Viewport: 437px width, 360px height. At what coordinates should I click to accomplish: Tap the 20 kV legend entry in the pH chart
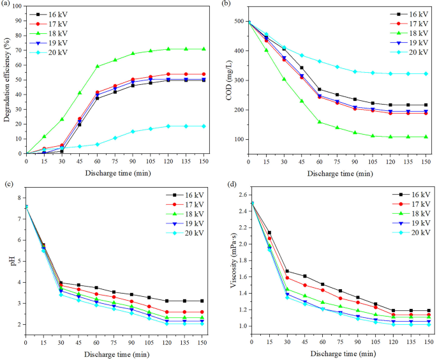(x=193, y=232)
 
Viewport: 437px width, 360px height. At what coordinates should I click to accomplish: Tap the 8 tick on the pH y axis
(x=20, y=197)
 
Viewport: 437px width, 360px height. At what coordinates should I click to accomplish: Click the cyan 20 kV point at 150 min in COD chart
(x=426, y=73)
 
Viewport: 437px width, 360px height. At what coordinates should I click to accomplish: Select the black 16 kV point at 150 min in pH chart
(x=202, y=301)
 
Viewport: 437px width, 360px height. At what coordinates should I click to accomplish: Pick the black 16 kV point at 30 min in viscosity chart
(x=287, y=271)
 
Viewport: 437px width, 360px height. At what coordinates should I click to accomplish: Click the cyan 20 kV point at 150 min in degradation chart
(x=203, y=126)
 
